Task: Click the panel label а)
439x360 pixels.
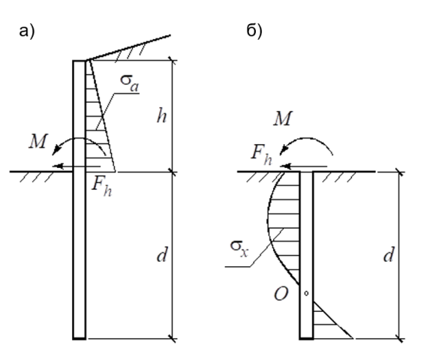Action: (x=27, y=31)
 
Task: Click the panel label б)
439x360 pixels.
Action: (x=254, y=30)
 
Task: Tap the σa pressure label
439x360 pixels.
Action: (x=129, y=83)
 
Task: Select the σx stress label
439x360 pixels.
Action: (x=239, y=248)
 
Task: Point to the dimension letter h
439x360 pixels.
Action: (x=161, y=115)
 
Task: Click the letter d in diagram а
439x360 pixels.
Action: (x=162, y=254)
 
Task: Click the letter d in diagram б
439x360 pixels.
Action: (x=389, y=254)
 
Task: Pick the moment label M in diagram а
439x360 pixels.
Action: (x=38, y=141)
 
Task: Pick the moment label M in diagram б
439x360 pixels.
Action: (x=283, y=118)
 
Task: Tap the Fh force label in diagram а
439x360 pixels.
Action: (x=102, y=187)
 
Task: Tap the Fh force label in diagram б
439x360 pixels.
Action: (x=261, y=155)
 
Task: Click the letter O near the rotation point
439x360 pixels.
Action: (x=281, y=294)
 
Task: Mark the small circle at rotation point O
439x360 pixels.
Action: (x=306, y=293)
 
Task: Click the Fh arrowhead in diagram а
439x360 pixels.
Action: (x=57, y=166)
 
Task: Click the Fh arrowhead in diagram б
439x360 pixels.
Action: (x=284, y=166)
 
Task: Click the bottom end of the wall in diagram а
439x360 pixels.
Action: (x=80, y=339)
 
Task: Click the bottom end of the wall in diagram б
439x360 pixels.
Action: (x=306, y=339)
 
